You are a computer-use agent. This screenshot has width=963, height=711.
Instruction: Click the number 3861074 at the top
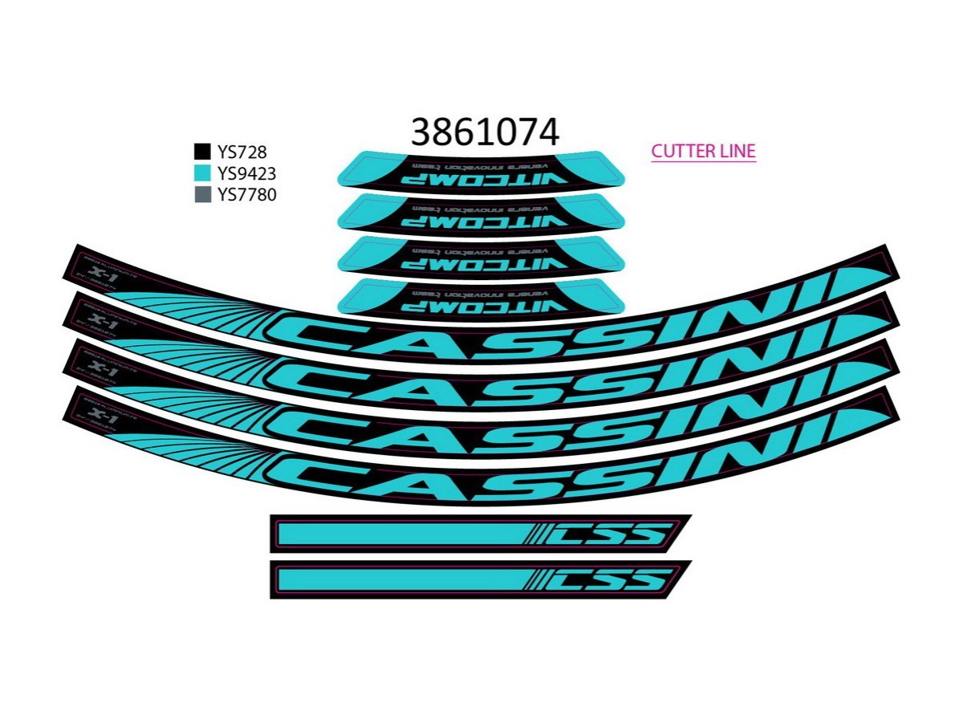click(484, 131)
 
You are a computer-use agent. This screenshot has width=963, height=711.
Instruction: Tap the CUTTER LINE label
click(703, 151)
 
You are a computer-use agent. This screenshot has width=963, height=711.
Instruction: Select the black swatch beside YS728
click(202, 152)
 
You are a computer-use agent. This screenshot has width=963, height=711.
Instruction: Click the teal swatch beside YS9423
click(202, 173)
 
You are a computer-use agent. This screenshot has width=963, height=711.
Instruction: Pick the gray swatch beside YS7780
click(202, 194)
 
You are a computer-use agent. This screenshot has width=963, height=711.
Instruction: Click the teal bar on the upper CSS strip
click(401, 534)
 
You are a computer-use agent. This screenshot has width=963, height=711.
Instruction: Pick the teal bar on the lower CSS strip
click(401, 579)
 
